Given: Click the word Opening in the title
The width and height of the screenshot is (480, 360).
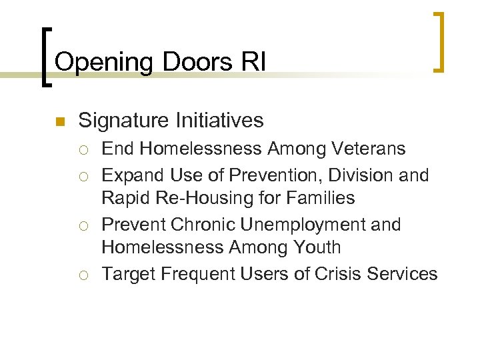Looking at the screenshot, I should tap(103, 62).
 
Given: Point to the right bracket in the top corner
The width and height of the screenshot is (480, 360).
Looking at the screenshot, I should tap(439, 41).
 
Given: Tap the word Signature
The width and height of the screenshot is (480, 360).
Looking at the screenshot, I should tap(125, 121).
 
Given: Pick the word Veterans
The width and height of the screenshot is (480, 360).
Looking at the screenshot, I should tap(368, 148).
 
